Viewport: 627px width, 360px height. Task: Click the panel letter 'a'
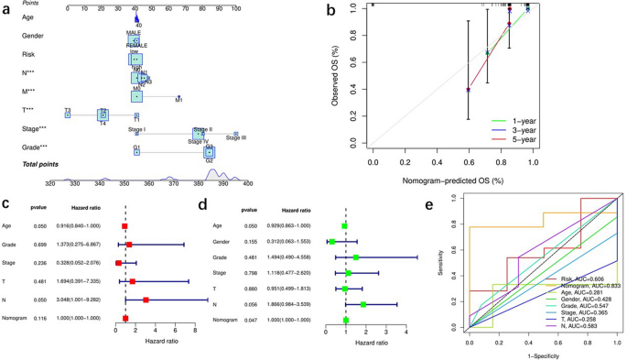click(6, 8)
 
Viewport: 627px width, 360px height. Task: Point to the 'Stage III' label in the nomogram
click(234, 136)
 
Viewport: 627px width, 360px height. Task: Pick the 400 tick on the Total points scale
click(238, 182)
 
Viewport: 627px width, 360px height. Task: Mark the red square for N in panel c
click(146, 299)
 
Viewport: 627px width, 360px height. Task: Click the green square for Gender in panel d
click(330, 242)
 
